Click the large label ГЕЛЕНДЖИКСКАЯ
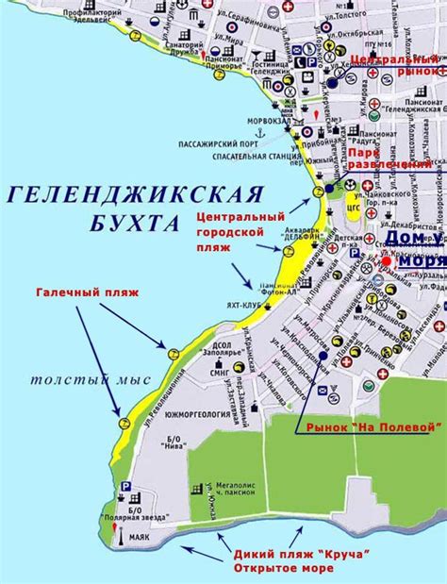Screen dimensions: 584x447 pyautogui.click(x=132, y=195)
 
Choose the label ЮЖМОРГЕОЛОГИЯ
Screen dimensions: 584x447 pyautogui.click(x=185, y=411)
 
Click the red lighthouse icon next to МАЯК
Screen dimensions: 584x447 pyautogui.click(x=117, y=538)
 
